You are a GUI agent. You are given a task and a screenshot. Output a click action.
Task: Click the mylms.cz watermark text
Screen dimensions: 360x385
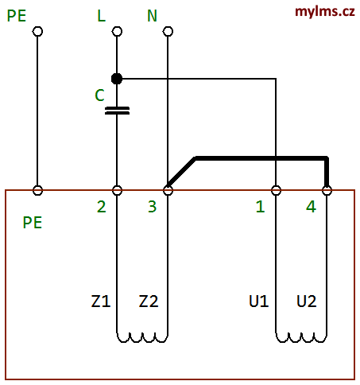pos(325,12)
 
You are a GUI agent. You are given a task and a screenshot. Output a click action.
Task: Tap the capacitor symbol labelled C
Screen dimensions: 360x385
pos(117,111)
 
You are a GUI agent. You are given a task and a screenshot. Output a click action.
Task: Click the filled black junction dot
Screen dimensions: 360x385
pos(117,79)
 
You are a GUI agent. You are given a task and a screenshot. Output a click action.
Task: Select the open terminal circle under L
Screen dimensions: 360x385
pos(117,31)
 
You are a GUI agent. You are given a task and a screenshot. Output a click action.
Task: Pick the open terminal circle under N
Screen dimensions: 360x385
pos(168,31)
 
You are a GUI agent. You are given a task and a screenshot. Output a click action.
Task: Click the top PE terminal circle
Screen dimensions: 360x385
pos(37,31)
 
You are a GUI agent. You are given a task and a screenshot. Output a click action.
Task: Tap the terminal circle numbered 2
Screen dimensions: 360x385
pos(117,190)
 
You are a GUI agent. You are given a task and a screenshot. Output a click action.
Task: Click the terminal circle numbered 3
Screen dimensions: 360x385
pos(168,190)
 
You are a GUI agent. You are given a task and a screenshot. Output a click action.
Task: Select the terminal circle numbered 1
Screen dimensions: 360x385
pos(276,190)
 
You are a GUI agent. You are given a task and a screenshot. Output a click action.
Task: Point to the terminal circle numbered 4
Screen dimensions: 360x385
pos(327,190)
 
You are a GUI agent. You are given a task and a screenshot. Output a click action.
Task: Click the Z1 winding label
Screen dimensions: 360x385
pos(101,301)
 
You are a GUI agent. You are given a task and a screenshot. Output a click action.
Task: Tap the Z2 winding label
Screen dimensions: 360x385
pos(149,301)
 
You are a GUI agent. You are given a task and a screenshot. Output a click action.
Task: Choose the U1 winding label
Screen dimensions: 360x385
pos(259,301)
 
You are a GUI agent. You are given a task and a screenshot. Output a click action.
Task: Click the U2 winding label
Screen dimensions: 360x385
pos(307,301)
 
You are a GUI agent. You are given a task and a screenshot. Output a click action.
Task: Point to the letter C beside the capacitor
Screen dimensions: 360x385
pos(99,95)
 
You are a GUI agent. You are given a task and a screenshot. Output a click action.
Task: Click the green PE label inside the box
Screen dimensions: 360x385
pos(33,223)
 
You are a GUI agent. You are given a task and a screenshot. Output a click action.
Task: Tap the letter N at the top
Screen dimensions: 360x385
pos(152,16)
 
